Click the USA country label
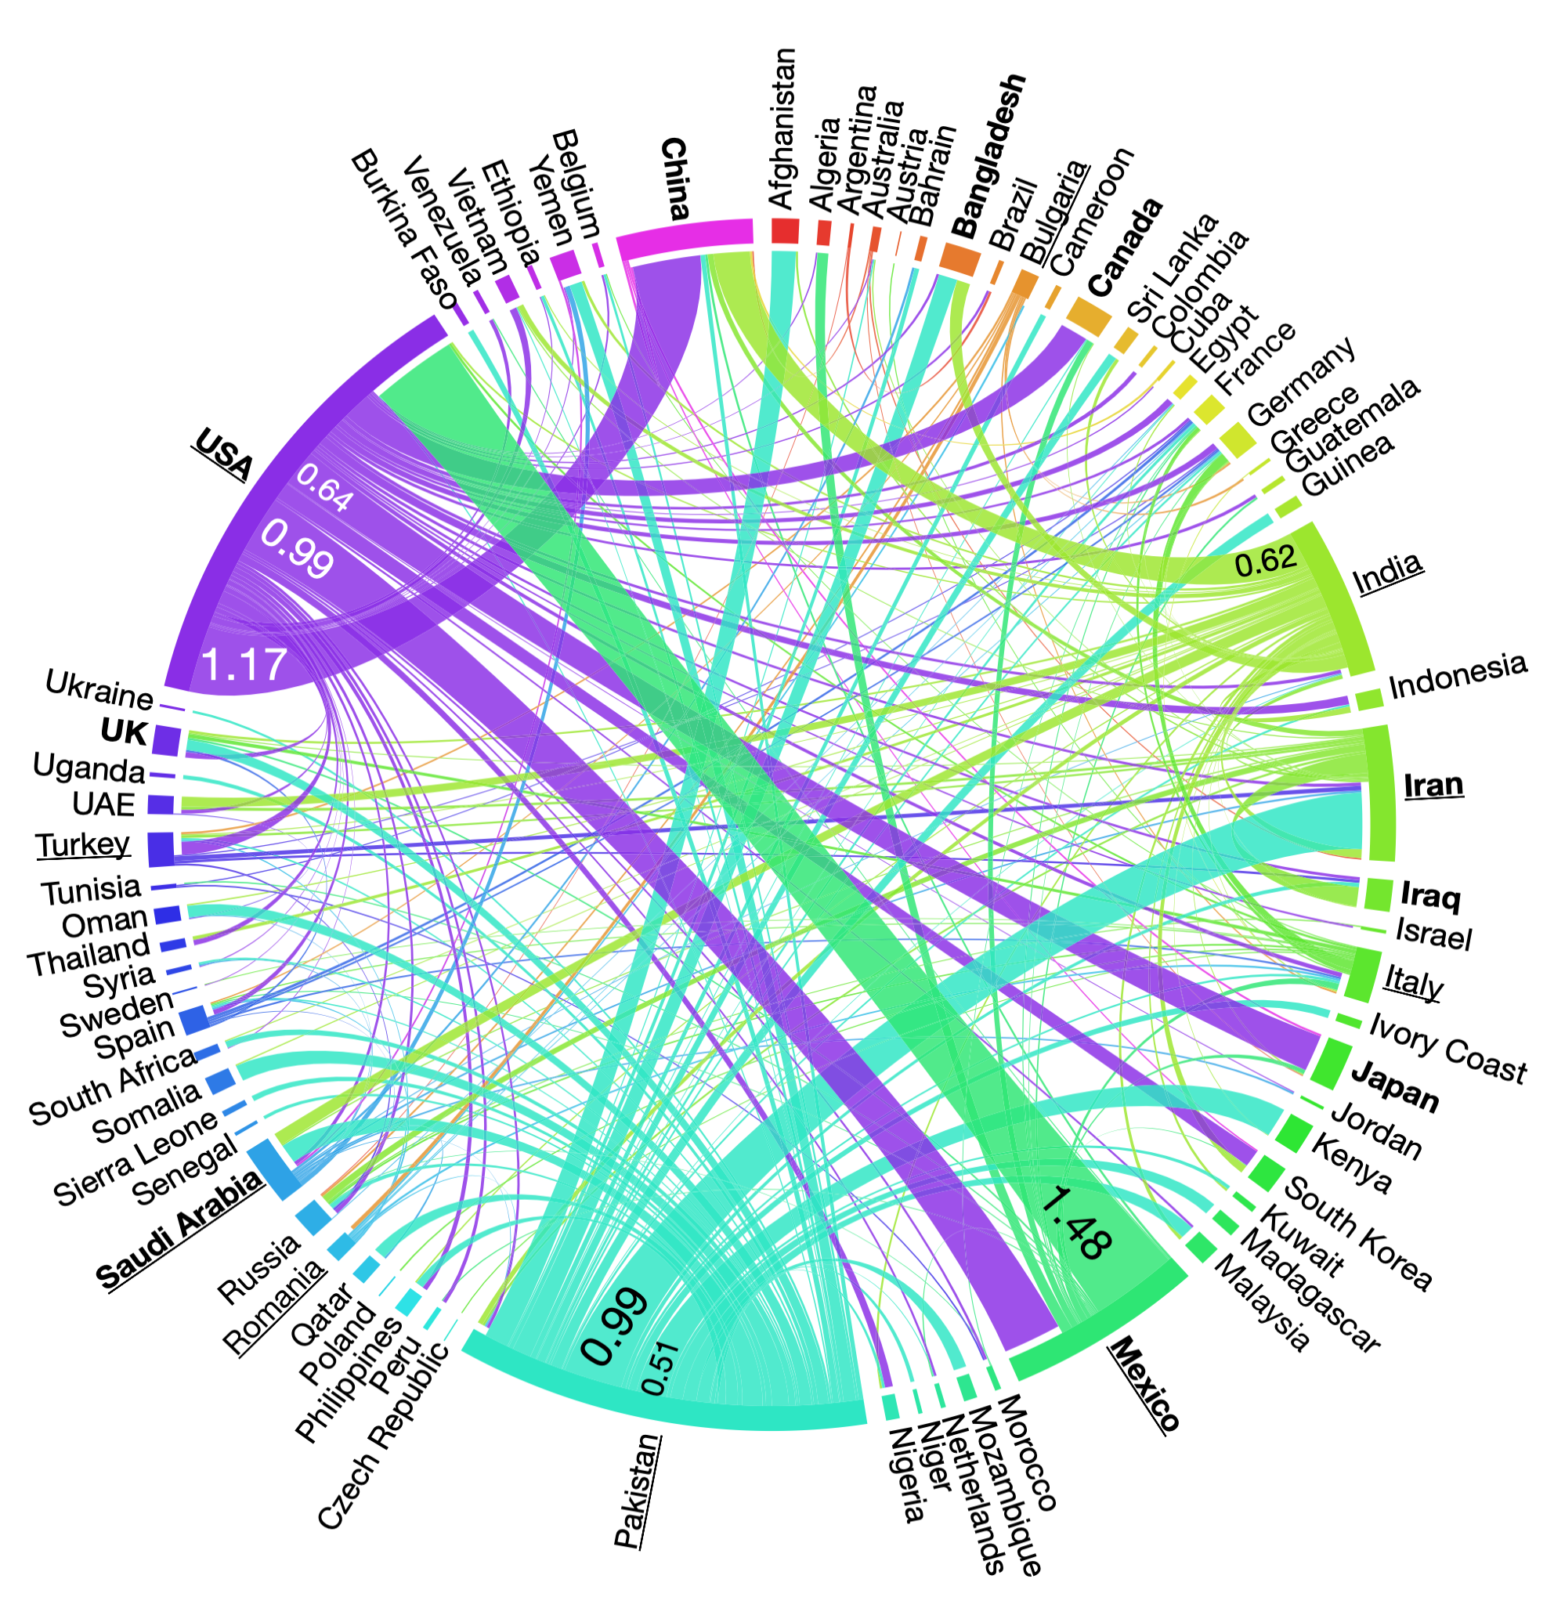(222, 453)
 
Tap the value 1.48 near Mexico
(1076, 1222)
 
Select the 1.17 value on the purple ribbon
(244, 664)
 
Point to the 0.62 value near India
(1265, 562)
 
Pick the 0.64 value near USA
(324, 488)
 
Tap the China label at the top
(674, 179)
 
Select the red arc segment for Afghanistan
(785, 230)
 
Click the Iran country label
(1433, 785)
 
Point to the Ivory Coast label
(1447, 1048)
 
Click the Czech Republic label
(383, 1436)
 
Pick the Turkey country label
(82, 844)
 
